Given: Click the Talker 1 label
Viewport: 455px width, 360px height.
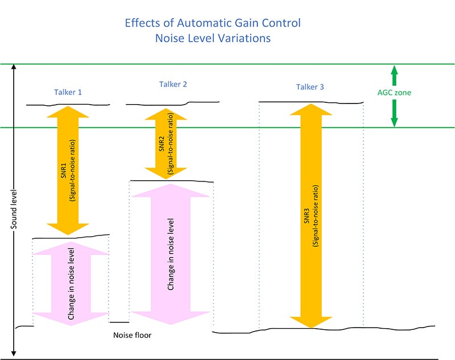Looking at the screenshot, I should point(71,92).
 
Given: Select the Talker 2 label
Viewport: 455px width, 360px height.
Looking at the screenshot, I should point(173,85).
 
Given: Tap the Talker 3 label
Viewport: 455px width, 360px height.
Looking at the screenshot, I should point(311,87).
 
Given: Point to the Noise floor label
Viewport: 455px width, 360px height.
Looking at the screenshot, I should point(133,335).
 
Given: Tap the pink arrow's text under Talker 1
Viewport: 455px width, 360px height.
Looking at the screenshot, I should point(71,283).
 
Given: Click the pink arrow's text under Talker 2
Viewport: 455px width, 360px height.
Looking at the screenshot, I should point(171,254).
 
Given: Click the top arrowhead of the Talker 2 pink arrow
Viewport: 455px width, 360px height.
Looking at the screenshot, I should point(171,191).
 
